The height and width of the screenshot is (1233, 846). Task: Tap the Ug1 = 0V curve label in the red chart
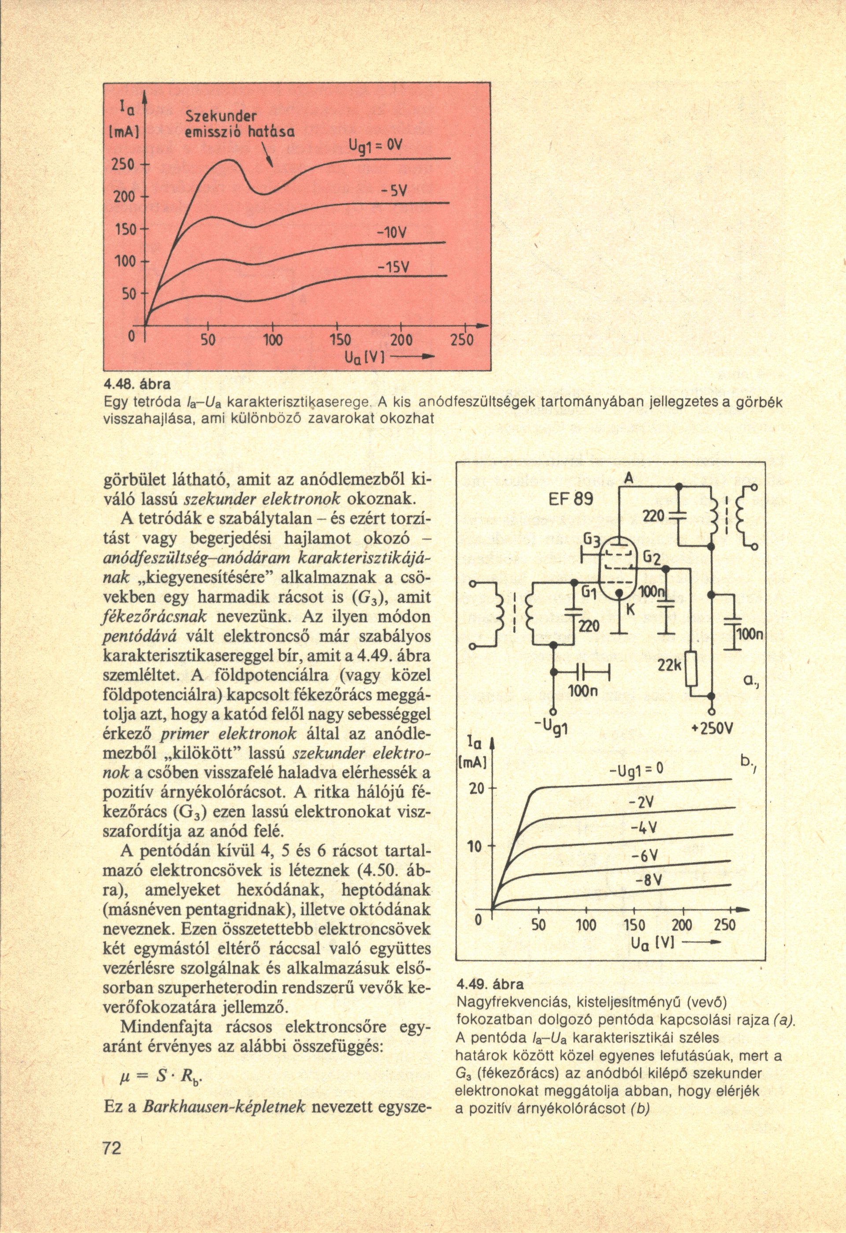click(376, 145)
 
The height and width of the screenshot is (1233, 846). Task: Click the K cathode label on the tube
click(631, 610)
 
